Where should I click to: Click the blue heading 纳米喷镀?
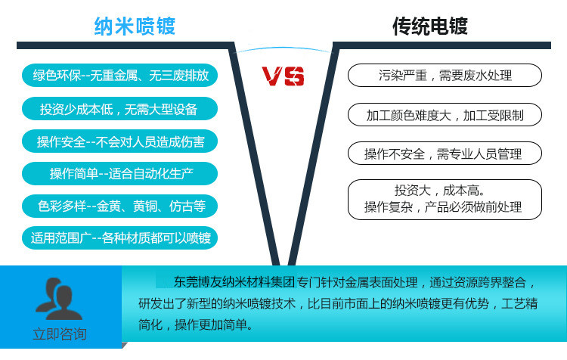tap(135, 26)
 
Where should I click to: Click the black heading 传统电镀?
tap(430, 26)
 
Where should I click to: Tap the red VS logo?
tap(283, 76)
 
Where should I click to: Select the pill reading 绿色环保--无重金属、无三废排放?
tap(119, 76)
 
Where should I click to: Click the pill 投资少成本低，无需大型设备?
tap(119, 109)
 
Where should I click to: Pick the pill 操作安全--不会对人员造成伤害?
tap(119, 141)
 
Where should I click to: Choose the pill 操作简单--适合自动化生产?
tap(119, 174)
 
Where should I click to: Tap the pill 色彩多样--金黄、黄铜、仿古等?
tap(119, 206)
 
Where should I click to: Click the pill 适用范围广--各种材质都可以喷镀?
tap(119, 237)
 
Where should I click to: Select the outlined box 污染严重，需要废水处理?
tap(445, 76)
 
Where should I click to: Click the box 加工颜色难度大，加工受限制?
tap(445, 115)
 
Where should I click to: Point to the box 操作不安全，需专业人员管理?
tap(445, 154)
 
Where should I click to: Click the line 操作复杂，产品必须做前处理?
tap(443, 207)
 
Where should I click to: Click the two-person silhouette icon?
tap(59, 299)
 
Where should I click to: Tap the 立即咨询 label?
tap(60, 334)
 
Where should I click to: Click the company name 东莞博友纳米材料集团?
tap(234, 282)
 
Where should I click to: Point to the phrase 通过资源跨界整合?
tap(478, 282)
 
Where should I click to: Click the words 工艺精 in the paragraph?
tap(519, 303)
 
